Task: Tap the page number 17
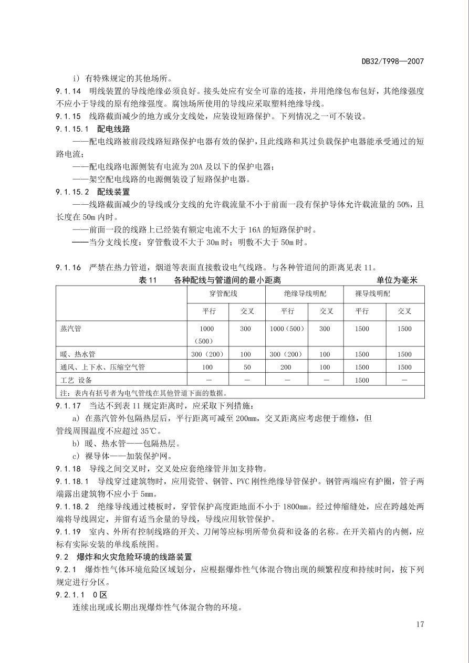(x=419, y=624)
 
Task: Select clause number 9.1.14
(x=68, y=91)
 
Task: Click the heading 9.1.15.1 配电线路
(x=93, y=129)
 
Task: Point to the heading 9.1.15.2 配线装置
(x=93, y=192)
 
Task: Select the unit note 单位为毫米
(x=397, y=280)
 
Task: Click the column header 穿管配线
(x=226, y=294)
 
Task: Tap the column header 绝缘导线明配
(x=304, y=294)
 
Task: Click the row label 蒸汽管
(x=71, y=329)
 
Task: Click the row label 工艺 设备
(x=77, y=380)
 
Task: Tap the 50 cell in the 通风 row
(x=246, y=367)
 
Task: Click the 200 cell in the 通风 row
(x=287, y=367)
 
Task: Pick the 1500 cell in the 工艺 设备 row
(x=362, y=380)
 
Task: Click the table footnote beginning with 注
(x=144, y=393)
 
